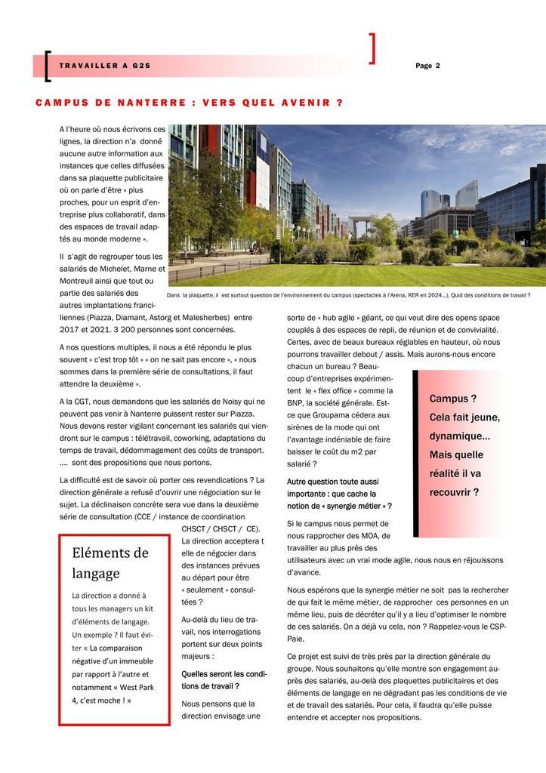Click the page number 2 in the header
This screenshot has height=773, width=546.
(437, 66)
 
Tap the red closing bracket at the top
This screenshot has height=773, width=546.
(372, 48)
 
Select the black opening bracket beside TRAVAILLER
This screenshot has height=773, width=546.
(48, 66)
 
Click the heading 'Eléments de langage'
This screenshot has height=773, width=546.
(110, 562)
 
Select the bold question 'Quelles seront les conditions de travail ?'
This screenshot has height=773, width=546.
(224, 679)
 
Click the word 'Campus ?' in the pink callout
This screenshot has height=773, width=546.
(453, 399)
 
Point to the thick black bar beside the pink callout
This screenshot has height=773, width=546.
(416, 453)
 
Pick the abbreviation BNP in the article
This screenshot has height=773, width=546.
(295, 402)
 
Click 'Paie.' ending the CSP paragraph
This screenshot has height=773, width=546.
(295, 638)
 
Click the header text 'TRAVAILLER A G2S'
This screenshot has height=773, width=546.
(105, 66)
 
